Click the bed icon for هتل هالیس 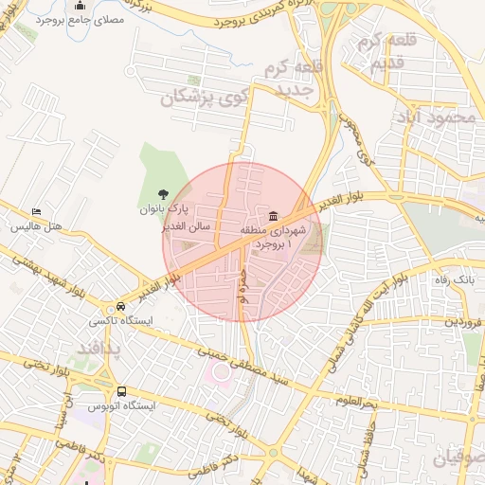(x=36, y=211)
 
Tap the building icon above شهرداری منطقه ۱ (x=273, y=214)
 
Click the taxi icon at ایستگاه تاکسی (x=121, y=307)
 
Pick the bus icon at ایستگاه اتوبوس (x=121, y=390)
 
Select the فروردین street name (x=464, y=323)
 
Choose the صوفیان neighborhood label (x=461, y=458)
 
